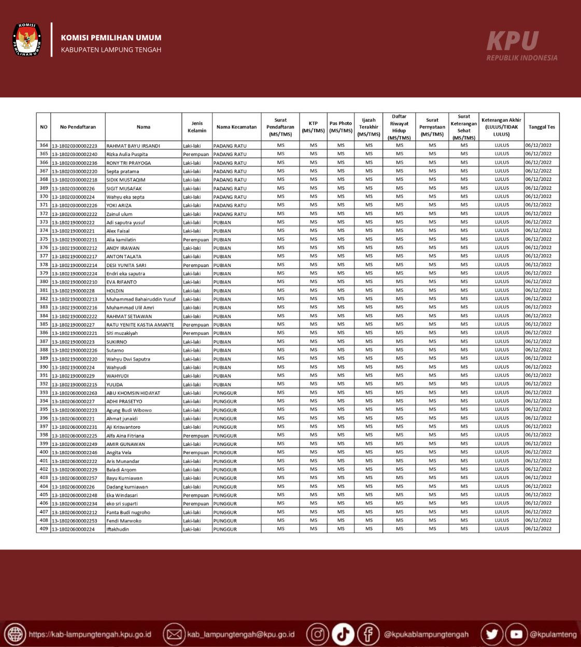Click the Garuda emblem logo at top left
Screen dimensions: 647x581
click(27, 40)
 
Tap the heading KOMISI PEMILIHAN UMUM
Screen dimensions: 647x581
click(111, 38)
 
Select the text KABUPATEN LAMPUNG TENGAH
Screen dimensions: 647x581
click(111, 50)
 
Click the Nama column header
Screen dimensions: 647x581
click(144, 127)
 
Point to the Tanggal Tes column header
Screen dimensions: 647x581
click(542, 127)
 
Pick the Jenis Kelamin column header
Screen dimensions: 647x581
click(197, 127)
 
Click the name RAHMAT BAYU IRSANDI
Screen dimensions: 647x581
click(133, 146)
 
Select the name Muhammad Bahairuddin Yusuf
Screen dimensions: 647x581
click(141, 299)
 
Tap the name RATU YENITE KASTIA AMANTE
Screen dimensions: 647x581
click(140, 325)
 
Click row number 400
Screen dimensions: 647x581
click(44, 452)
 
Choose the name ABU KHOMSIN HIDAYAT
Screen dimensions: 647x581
click(133, 393)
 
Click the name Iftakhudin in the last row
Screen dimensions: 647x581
click(118, 529)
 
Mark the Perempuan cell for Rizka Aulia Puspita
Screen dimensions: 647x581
click(196, 154)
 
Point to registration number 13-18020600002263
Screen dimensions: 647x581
click(75, 393)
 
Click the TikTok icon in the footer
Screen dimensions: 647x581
click(343, 634)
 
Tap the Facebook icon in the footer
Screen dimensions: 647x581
click(368, 634)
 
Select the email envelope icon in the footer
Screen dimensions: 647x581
click(174, 634)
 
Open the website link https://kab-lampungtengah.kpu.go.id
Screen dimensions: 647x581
click(90, 635)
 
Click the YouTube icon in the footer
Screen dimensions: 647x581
click(516, 634)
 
